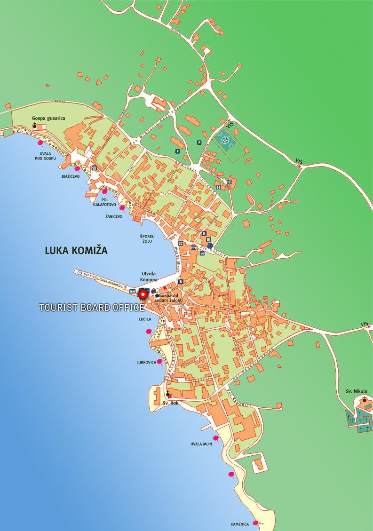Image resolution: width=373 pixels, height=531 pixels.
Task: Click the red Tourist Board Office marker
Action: tap(143, 295)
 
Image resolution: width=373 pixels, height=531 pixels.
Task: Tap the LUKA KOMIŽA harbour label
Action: tap(76, 251)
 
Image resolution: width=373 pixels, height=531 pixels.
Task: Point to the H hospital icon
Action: tap(218, 187)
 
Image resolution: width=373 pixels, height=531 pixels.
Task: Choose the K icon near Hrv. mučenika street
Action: tap(204, 233)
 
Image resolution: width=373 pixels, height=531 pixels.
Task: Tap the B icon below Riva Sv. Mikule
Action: tap(181, 282)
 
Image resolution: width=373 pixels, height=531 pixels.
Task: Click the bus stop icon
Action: tap(202, 253)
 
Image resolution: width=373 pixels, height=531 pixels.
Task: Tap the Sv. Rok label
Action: tap(170, 403)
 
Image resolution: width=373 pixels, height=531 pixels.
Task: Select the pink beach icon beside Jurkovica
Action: tap(159, 362)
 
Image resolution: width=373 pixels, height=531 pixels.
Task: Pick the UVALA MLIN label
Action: tap(201, 444)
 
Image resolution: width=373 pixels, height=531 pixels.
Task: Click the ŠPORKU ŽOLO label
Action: tap(147, 240)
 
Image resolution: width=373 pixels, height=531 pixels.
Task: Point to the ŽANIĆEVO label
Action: tap(114, 217)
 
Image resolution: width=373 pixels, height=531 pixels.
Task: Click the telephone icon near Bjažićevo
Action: tap(95, 168)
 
